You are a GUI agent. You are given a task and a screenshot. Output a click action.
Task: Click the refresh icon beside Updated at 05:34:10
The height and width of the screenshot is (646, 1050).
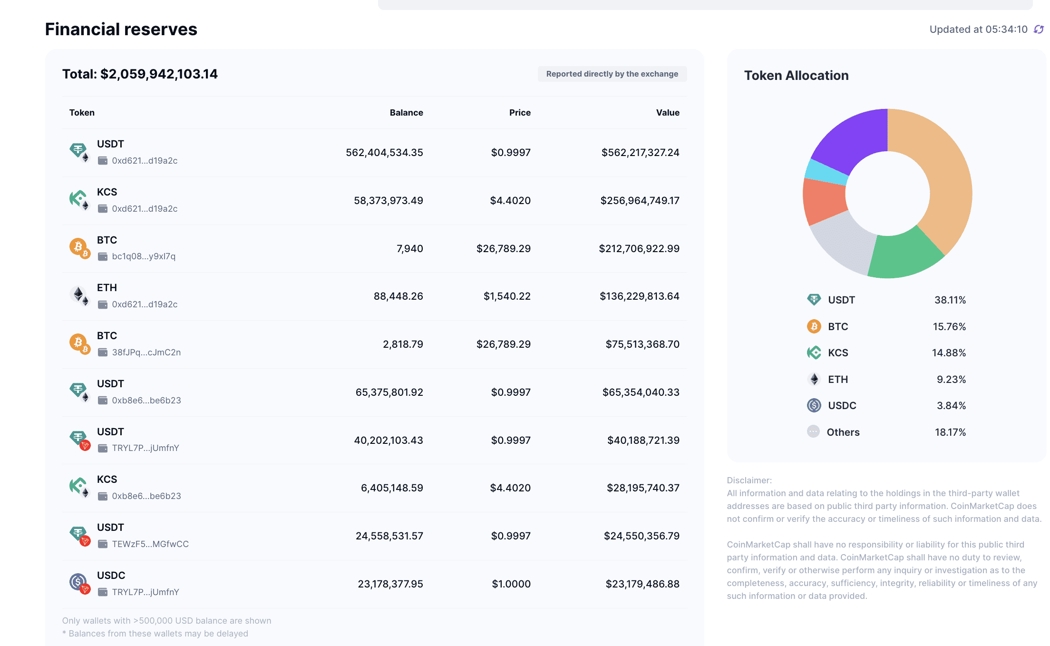pos(1039,29)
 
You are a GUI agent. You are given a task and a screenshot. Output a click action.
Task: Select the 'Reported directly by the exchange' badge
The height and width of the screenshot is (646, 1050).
pos(612,74)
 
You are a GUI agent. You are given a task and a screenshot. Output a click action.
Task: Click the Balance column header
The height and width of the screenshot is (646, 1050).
pos(406,113)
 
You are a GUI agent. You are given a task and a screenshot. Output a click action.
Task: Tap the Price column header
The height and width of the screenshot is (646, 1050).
pos(520,113)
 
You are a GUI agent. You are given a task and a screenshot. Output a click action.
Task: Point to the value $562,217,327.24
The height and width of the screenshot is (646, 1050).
pos(640,153)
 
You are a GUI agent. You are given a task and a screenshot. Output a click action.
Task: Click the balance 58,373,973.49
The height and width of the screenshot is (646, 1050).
pos(388,201)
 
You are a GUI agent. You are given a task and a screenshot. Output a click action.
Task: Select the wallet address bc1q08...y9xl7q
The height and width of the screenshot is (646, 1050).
pos(144,256)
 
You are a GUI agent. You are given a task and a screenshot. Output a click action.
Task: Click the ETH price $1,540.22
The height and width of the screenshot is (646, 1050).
pos(507,296)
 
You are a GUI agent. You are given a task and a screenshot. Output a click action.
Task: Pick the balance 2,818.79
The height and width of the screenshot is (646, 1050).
pos(403,344)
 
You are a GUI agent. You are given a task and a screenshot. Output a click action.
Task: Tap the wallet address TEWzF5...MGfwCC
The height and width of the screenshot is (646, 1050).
pos(150,544)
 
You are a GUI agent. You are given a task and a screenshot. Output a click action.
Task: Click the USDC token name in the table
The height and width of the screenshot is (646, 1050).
pos(111,576)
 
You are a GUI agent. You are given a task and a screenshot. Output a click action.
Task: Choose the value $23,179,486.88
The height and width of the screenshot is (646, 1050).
pos(642,584)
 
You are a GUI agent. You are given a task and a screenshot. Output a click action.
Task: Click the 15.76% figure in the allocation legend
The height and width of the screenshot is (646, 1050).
pos(949,327)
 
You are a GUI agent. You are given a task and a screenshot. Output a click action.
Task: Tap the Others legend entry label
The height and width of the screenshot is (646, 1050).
pos(843,432)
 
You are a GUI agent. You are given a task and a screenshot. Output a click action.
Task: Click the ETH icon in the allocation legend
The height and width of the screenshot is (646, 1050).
pos(814,380)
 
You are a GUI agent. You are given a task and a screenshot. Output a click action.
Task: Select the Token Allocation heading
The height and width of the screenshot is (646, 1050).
pos(796,76)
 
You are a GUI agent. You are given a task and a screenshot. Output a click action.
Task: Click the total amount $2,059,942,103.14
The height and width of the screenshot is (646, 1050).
pos(159,74)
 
